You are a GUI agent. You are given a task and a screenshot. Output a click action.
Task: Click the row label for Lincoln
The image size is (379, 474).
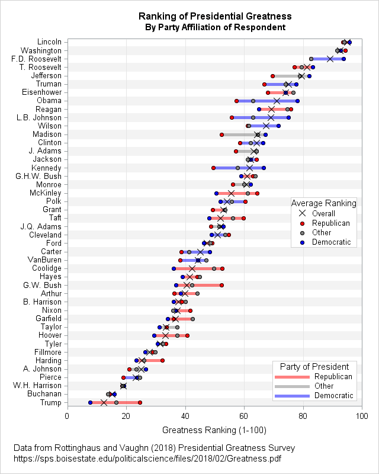coord(49,42)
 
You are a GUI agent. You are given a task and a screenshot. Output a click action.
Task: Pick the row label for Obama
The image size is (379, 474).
coord(49,101)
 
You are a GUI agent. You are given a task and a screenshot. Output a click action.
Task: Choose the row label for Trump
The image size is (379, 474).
coord(50,402)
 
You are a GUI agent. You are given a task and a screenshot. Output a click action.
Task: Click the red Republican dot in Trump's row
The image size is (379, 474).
coord(140,403)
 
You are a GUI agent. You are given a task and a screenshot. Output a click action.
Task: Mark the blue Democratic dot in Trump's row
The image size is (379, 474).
coord(90,403)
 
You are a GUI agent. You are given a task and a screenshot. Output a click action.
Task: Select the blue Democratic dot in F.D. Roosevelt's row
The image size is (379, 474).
coord(343,59)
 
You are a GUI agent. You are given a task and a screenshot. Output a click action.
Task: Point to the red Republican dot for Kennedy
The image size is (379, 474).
coord(213,168)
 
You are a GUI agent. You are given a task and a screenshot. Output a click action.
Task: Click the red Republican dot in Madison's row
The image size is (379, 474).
coord(222,134)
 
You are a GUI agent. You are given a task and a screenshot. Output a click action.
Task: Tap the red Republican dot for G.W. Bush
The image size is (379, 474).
coord(221,286)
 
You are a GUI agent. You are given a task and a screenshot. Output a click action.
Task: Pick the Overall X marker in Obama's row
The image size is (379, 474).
coord(277,101)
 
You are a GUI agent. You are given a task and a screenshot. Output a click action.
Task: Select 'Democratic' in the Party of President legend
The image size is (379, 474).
coord(333,395)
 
